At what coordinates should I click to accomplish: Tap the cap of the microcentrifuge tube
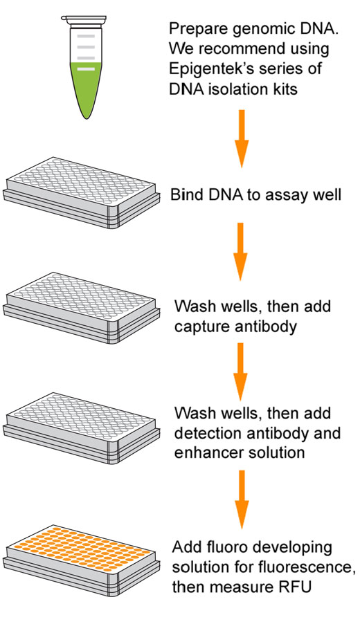click(x=84, y=19)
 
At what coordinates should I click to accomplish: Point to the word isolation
click(x=237, y=89)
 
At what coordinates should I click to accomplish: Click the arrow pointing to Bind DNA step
click(x=242, y=138)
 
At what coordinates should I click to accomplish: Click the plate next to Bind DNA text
click(x=81, y=193)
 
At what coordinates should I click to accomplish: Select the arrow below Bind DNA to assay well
click(x=240, y=252)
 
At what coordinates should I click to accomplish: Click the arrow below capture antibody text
click(x=240, y=371)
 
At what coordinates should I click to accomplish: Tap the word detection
click(x=208, y=432)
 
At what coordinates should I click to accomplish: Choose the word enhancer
click(x=206, y=452)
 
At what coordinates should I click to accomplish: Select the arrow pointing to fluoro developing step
click(x=242, y=499)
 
